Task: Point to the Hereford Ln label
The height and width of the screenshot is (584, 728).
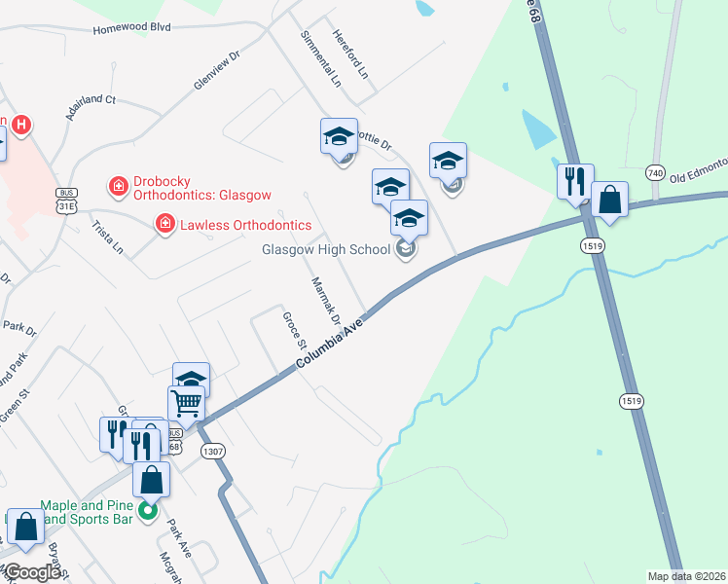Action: [351, 53]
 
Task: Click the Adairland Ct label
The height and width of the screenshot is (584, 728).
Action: [91, 113]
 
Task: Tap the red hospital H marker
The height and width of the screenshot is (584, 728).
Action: [20, 126]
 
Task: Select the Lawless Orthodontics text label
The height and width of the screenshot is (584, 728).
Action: [244, 225]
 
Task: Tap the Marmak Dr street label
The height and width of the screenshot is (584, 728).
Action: [325, 301]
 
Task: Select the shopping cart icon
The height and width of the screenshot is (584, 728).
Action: [186, 401]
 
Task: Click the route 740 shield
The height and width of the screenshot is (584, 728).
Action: [654, 173]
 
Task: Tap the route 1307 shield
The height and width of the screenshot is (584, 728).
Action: [212, 452]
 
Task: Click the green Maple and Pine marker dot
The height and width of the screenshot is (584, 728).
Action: [148, 509]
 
